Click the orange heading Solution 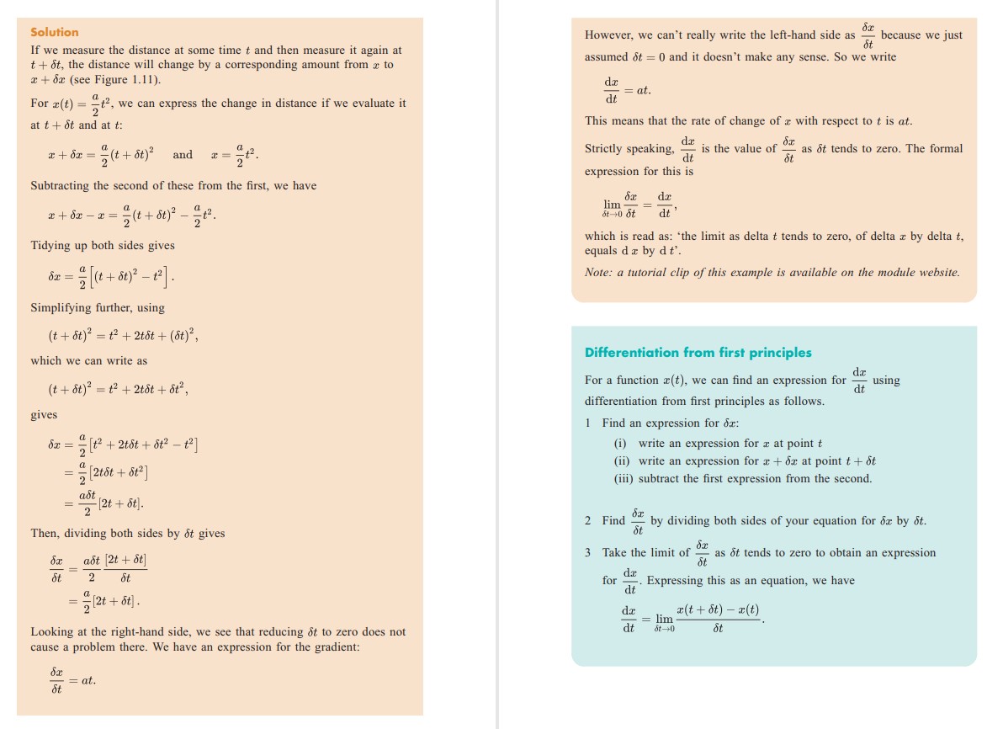click(54, 32)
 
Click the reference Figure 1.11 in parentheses click(132, 79)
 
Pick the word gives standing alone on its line click(44, 415)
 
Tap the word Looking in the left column click(52, 631)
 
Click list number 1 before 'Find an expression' click(588, 423)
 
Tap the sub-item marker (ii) click(623, 460)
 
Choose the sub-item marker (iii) click(624, 478)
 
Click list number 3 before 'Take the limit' click(588, 552)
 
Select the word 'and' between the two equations click(183, 154)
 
